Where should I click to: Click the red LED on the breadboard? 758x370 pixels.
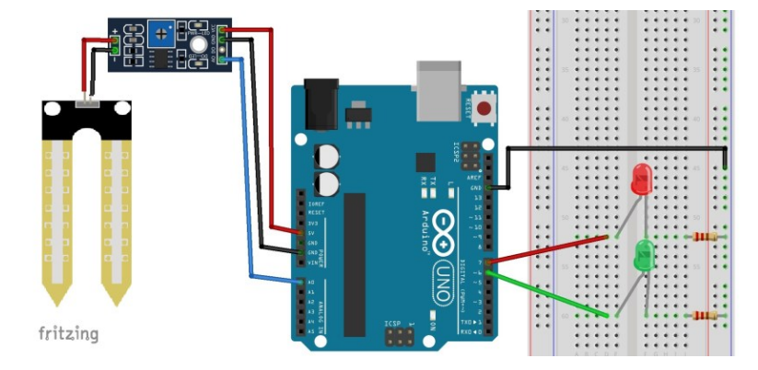click(x=640, y=179)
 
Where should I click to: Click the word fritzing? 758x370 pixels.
click(x=67, y=332)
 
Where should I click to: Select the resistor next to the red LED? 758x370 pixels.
click(x=706, y=237)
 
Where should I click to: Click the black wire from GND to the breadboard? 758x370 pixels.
click(x=617, y=147)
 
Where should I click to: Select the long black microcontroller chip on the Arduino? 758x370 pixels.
click(x=356, y=262)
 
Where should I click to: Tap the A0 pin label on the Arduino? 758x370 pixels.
click(x=310, y=283)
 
